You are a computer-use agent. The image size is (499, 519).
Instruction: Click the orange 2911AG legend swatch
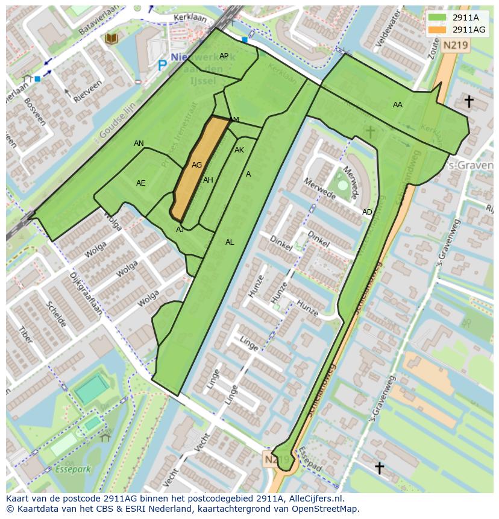[438, 30]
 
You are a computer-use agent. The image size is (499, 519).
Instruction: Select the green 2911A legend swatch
[438, 17]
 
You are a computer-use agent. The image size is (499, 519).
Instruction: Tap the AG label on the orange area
[196, 165]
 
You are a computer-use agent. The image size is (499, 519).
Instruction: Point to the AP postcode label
[224, 56]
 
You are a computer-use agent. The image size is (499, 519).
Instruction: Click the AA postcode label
[397, 105]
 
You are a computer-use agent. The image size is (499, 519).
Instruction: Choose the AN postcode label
[139, 143]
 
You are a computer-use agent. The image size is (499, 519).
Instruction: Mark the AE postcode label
[140, 183]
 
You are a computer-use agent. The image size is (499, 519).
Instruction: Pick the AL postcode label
[230, 242]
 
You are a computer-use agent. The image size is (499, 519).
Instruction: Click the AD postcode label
[367, 212]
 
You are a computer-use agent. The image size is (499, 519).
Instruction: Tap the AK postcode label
[239, 150]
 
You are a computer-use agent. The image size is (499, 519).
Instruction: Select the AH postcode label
[208, 180]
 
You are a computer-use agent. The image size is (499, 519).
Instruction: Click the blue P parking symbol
[162, 64]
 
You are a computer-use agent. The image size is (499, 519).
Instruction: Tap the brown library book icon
[111, 39]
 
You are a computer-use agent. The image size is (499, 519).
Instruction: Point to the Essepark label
[72, 468]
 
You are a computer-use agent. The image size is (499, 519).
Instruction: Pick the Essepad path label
[311, 463]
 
